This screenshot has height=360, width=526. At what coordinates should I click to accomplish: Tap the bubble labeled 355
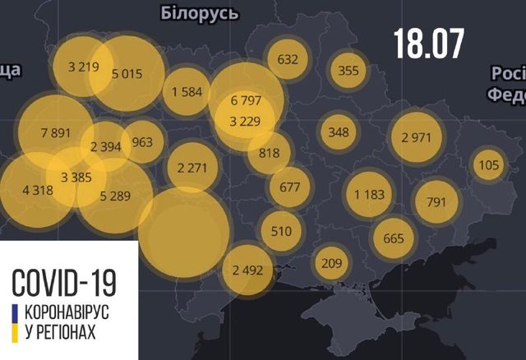[x=348, y=70]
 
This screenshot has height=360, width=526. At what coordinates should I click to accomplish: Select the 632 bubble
[x=288, y=59]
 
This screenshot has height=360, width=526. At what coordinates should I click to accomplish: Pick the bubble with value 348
[x=338, y=131]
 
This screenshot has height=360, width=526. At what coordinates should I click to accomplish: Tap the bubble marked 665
[x=394, y=239]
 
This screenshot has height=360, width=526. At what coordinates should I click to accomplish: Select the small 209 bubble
[x=331, y=264]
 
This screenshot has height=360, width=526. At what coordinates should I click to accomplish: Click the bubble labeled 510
[x=281, y=230]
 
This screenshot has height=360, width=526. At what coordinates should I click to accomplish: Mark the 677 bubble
[x=289, y=187]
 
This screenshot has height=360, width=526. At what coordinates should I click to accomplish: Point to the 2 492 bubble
[x=247, y=270]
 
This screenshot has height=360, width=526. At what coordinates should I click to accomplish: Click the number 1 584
[x=187, y=90]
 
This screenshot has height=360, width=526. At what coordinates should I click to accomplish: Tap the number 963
[x=141, y=142]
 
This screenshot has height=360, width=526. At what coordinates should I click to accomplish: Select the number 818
[x=269, y=152]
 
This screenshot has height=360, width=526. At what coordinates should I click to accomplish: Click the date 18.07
[x=428, y=42]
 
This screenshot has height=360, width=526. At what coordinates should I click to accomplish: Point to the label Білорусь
[x=200, y=13]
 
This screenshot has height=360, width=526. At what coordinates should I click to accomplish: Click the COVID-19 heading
[x=63, y=282]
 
